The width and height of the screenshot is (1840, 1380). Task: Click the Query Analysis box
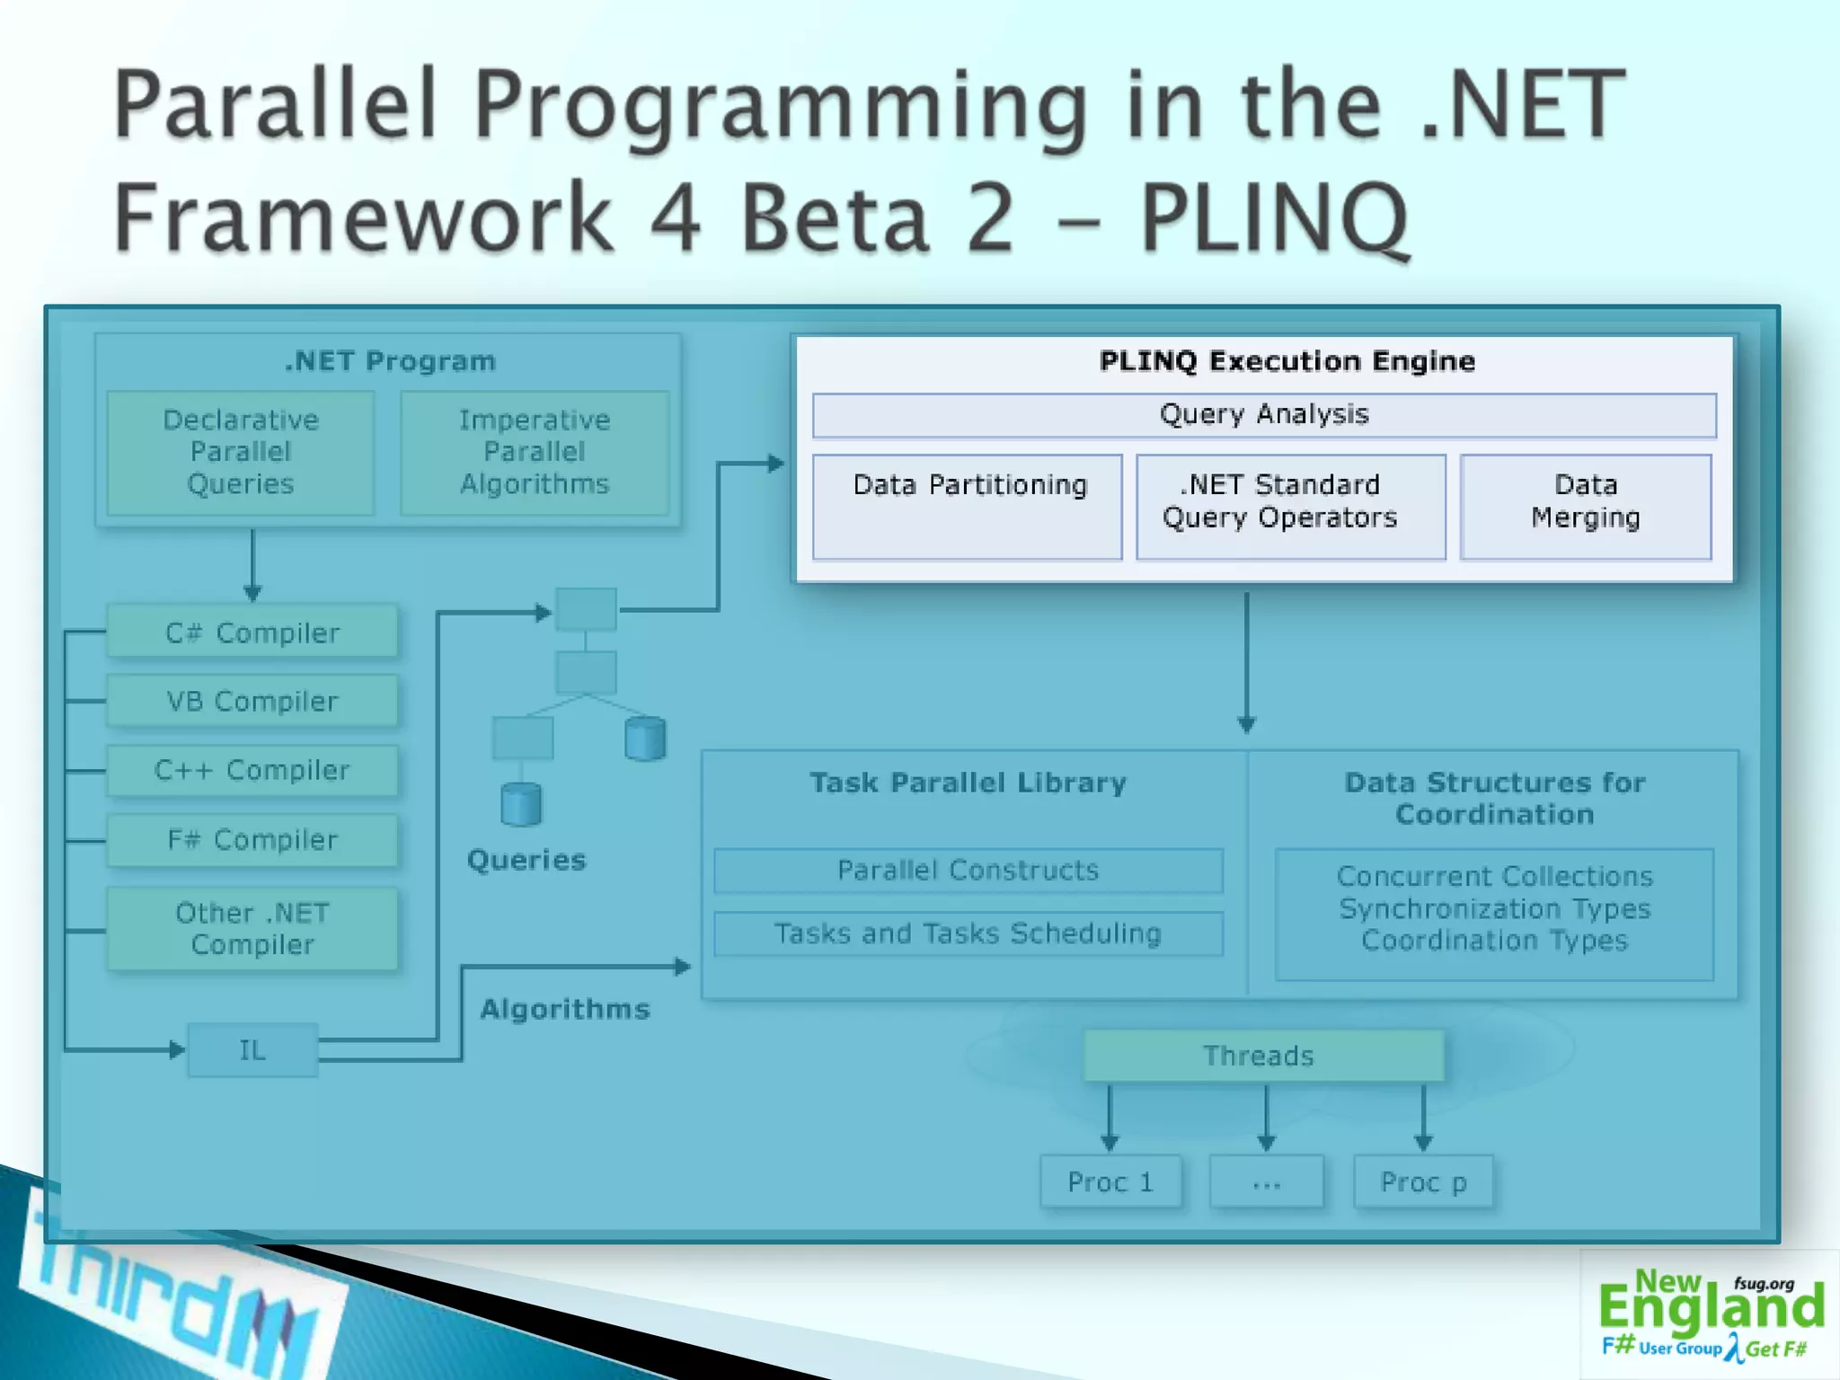pyautogui.click(x=1264, y=415)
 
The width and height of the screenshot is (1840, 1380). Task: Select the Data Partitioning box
pyautogui.click(x=968, y=507)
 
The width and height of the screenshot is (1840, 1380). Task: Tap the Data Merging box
pyautogui.click(x=1586, y=507)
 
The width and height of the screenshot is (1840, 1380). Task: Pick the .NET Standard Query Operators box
pyautogui.click(x=1290, y=507)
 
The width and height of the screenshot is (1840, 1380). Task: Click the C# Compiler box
pyautogui.click(x=252, y=632)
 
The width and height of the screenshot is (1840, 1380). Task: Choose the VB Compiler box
pyautogui.click(x=252, y=701)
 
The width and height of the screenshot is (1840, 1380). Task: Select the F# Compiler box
pyautogui.click(x=252, y=839)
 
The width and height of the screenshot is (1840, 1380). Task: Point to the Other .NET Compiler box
pyautogui.click(x=252, y=929)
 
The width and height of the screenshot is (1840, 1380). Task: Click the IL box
pyautogui.click(x=252, y=1049)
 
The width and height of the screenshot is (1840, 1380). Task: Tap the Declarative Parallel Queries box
pyautogui.click(x=241, y=452)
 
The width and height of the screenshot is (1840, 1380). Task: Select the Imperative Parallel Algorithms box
pyautogui.click(x=535, y=452)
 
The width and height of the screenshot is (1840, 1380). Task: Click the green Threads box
pyautogui.click(x=1262, y=1056)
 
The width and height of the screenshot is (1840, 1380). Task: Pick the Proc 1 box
pyautogui.click(x=1110, y=1182)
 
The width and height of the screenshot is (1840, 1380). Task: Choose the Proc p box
pyautogui.click(x=1423, y=1182)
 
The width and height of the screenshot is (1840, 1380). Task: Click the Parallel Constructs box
pyautogui.click(x=968, y=870)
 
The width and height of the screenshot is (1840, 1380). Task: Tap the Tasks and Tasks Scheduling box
pyautogui.click(x=968, y=933)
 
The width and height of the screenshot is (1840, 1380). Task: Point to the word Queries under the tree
pyautogui.click(x=526, y=860)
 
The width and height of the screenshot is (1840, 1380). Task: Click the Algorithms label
pyautogui.click(x=564, y=1009)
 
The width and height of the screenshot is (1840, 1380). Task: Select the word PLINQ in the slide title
pyautogui.click(x=1274, y=217)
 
